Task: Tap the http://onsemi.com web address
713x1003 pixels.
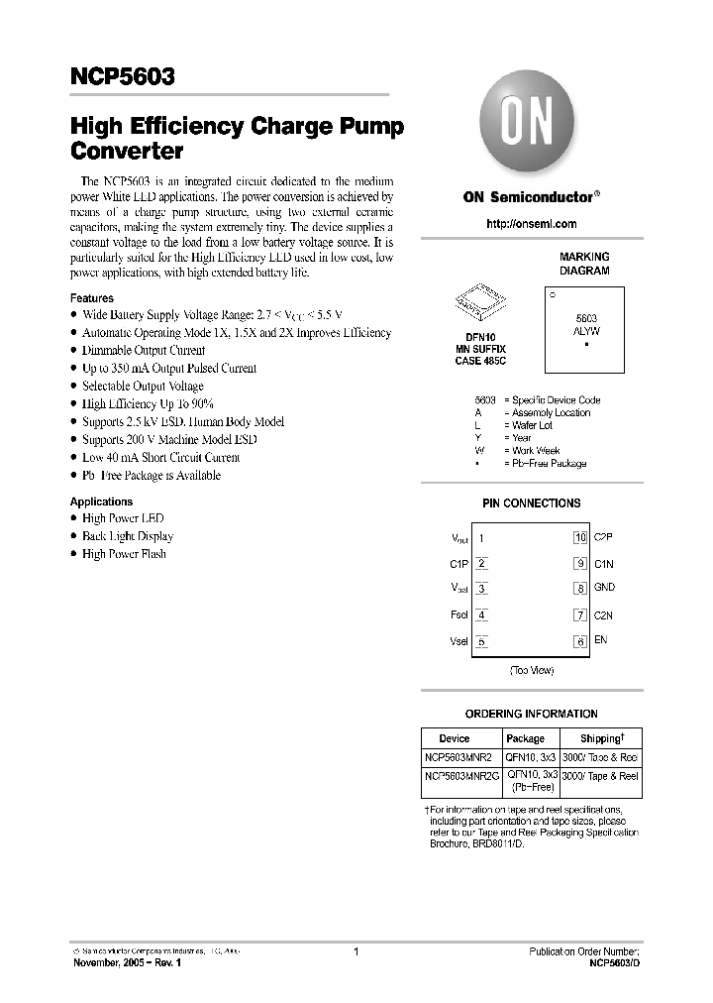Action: click(x=531, y=224)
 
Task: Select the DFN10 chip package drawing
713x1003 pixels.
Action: click(x=480, y=303)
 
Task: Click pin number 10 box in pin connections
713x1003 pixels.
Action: click(x=580, y=538)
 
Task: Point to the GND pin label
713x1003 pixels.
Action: click(x=604, y=588)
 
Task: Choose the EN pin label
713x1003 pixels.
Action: click(x=600, y=640)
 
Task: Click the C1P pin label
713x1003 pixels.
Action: click(x=458, y=564)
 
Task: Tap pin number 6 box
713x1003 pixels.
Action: click(x=580, y=641)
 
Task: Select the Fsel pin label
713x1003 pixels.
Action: click(x=458, y=614)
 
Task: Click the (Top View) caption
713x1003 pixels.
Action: click(x=531, y=671)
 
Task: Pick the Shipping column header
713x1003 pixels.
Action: click(x=600, y=738)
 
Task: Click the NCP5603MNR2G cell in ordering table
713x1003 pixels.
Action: click(x=461, y=777)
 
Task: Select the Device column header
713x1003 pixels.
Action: click(x=455, y=738)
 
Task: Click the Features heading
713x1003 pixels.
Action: click(x=92, y=298)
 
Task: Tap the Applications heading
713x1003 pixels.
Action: click(x=101, y=501)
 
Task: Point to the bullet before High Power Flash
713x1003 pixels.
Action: click(x=74, y=554)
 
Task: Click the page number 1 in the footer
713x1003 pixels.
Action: click(x=356, y=952)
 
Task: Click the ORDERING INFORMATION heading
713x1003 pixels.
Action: click(x=531, y=714)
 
